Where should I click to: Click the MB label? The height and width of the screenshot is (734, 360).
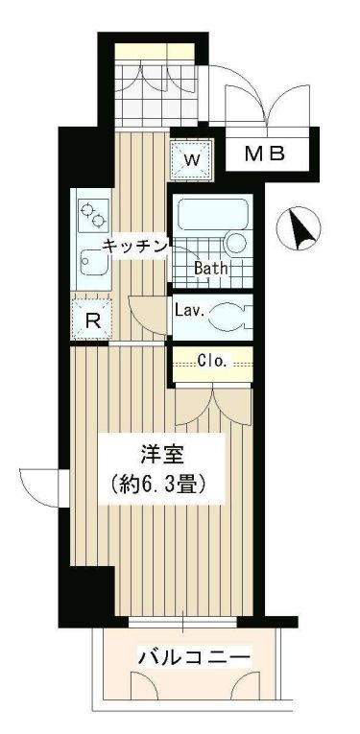[262, 153]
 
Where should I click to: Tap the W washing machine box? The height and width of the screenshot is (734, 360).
[190, 160]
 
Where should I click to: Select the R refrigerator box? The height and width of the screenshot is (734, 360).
[93, 320]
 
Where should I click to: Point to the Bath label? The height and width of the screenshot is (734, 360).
[211, 269]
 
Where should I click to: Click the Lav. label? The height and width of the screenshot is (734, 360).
[187, 310]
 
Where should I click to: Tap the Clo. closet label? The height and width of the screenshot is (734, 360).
[211, 362]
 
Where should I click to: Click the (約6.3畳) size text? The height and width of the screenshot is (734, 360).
[157, 484]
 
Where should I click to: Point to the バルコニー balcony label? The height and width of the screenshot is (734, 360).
[193, 658]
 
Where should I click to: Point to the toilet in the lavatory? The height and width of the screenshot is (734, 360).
[230, 312]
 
